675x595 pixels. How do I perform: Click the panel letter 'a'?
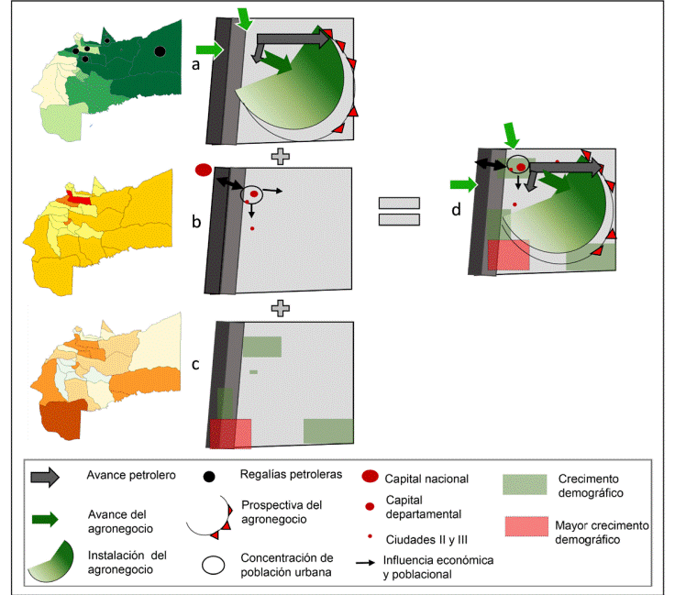click(194, 65)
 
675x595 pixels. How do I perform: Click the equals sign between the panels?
click(400, 211)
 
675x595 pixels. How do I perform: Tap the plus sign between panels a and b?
click(282, 156)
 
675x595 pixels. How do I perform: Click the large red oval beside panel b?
click(204, 170)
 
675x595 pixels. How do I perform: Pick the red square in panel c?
click(229, 434)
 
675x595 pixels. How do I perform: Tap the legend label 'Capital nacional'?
click(426, 479)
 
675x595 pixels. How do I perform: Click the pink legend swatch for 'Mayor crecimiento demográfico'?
click(526, 527)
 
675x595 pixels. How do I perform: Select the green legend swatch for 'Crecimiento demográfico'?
click(526, 484)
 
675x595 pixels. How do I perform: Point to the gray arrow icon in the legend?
click(46, 477)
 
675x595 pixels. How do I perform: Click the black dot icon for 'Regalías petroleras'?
click(209, 476)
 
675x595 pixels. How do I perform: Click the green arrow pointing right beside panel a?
click(210, 51)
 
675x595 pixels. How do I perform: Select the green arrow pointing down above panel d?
click(513, 135)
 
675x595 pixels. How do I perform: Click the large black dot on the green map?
click(160, 52)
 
